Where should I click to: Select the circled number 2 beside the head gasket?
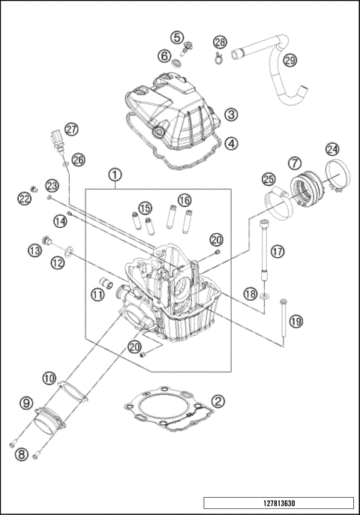pyautogui.click(x=216, y=401)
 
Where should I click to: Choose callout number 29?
pyautogui.click(x=289, y=60)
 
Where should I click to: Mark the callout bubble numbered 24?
pyautogui.click(x=331, y=150)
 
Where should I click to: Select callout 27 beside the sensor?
pyautogui.click(x=70, y=130)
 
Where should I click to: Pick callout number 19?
pyautogui.click(x=295, y=321)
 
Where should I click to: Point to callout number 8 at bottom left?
pyautogui.click(x=21, y=454)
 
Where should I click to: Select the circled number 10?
pyautogui.click(x=49, y=379)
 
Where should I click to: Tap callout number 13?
pyautogui.click(x=34, y=250)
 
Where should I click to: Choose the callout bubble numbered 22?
pyautogui.click(x=24, y=198)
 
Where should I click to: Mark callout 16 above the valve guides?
pyautogui.click(x=184, y=200)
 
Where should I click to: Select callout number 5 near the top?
pyautogui.click(x=177, y=36)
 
